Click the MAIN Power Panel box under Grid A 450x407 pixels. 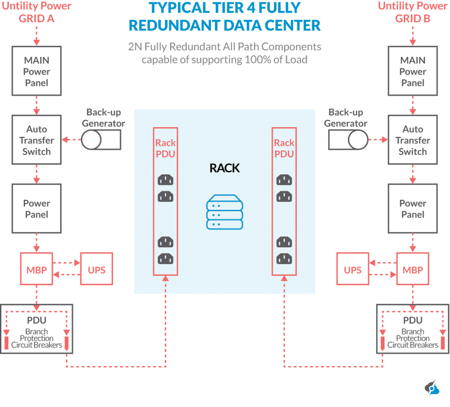point(36,72)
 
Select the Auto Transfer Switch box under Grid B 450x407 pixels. point(413,140)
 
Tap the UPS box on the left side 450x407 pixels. point(97,270)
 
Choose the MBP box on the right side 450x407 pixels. point(413,270)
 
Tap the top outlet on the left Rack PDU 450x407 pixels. point(166,180)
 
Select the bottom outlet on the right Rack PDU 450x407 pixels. point(284,258)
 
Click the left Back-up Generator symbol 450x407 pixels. point(101,140)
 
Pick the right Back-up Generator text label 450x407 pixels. point(345,118)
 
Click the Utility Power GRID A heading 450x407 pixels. point(36,12)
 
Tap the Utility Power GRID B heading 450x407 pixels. point(413,12)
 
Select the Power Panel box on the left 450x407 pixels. point(36,209)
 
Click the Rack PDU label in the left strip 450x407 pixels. point(166,148)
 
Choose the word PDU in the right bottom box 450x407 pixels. point(413,320)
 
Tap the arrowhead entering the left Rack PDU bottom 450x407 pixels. point(166,278)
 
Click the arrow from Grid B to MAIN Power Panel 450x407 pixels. point(413,35)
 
